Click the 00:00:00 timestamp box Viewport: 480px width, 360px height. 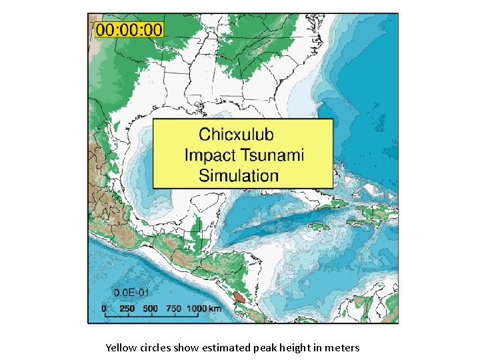coord(129,29)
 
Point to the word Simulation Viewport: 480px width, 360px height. coord(239,176)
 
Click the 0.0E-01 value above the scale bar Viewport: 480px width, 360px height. coord(131,293)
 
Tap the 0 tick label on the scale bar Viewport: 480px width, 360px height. coord(103,309)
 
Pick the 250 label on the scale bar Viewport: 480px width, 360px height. coord(127,309)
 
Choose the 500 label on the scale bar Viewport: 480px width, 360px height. coord(151,309)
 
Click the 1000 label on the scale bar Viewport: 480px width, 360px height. coord(197,309)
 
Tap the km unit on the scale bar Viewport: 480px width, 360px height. coord(215,309)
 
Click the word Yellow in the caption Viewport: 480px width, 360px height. coord(120,347)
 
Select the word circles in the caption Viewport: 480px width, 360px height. coord(153,347)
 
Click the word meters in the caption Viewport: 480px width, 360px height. coord(344,347)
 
